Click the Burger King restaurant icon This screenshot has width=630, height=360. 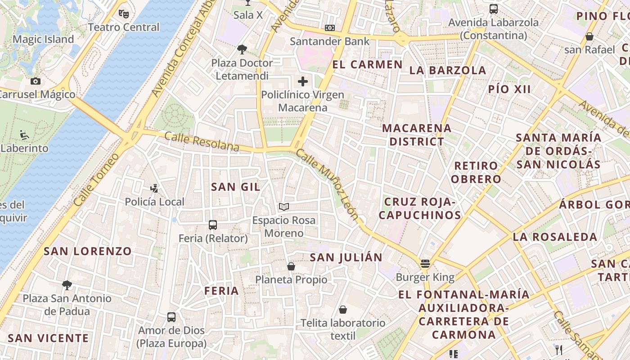(425, 264)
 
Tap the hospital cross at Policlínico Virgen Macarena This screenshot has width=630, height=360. (303, 81)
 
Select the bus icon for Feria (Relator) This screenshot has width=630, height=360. (213, 225)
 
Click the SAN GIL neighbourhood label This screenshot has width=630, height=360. (236, 187)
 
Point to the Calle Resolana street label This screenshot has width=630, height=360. (202, 141)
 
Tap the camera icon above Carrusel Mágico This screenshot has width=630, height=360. (35, 81)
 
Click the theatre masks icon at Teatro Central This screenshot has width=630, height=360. (124, 13)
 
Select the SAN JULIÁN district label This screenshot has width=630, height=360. (346, 257)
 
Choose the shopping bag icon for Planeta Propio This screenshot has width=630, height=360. (291, 266)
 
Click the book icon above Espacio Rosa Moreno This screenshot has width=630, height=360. (283, 207)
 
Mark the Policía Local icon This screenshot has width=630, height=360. (155, 189)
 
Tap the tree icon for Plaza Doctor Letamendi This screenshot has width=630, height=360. (242, 49)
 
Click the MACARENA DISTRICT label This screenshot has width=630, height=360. (417, 135)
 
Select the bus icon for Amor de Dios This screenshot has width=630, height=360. (171, 317)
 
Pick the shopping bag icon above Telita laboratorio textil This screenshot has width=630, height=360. (343, 310)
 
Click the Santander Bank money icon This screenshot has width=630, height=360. (330, 28)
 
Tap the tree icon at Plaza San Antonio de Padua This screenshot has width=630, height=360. (67, 285)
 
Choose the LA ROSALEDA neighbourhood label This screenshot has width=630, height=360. (555, 237)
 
